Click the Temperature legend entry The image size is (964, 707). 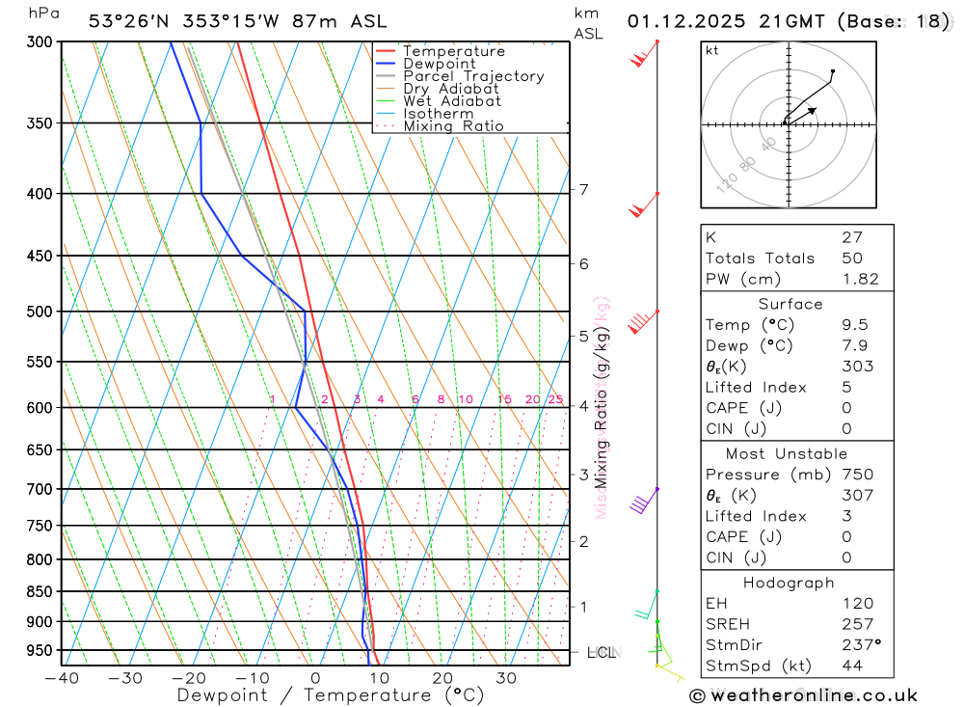(x=453, y=51)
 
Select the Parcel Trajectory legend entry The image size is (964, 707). (x=473, y=76)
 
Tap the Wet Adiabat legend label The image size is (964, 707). (x=452, y=101)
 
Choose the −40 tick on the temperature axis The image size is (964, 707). (x=61, y=678)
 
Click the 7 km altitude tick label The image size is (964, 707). (x=584, y=189)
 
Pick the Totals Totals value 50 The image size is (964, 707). (x=852, y=258)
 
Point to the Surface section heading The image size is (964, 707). (x=790, y=304)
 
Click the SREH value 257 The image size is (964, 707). (x=857, y=624)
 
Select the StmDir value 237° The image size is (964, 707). (x=861, y=645)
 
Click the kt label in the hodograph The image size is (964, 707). (x=712, y=50)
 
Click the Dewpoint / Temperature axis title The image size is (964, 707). (x=331, y=694)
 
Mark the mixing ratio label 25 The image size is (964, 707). (x=555, y=399)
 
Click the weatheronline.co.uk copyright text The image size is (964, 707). (x=803, y=694)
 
